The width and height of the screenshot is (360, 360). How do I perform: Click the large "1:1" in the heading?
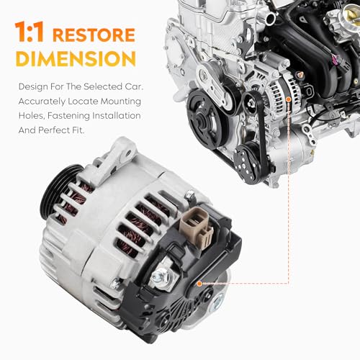pos(30,32)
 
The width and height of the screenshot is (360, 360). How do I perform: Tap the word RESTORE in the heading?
pos(94,35)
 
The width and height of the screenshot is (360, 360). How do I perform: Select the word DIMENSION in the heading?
pos(76,59)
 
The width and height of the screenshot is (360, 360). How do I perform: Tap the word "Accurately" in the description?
pos(42,102)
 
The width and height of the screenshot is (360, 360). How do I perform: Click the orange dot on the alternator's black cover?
pos(199,284)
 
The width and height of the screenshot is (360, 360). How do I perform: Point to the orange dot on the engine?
pos(289,99)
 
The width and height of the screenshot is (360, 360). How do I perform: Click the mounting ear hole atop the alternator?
pos(128,153)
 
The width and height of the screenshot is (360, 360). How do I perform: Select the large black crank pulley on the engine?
pos(206,118)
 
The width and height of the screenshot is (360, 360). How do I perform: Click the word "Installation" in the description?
pos(117,116)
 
